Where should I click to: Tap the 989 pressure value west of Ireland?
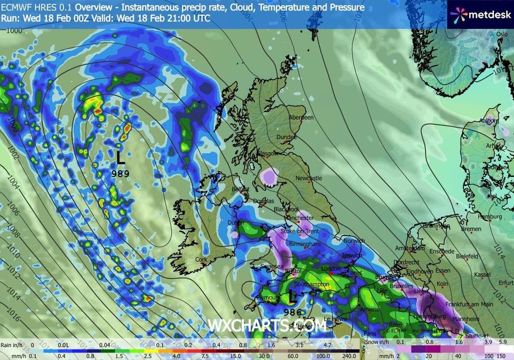point(120,172)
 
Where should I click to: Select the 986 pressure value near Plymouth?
point(293,312)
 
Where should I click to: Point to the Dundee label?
point(287,137)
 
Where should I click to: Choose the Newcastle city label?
point(308,178)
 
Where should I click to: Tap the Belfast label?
point(241,188)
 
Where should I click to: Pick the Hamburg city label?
point(491,217)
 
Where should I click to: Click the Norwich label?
point(354,241)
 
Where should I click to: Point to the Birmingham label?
point(304,245)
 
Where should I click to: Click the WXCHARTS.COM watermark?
point(267,325)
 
